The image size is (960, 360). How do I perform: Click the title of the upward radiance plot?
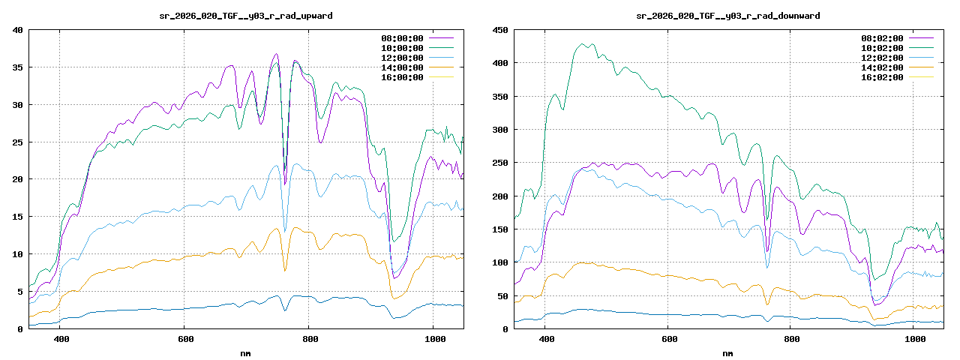[x=247, y=15]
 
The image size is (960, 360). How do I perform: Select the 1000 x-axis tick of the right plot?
[x=913, y=339]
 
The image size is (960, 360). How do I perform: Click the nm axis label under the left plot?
[x=246, y=352]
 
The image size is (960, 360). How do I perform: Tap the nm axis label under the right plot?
[x=728, y=352]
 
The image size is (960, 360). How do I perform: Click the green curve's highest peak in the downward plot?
[x=584, y=44]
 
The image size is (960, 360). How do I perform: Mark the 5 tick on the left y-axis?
[x=21, y=292]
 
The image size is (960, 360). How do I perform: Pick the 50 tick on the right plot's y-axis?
[x=502, y=295]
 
